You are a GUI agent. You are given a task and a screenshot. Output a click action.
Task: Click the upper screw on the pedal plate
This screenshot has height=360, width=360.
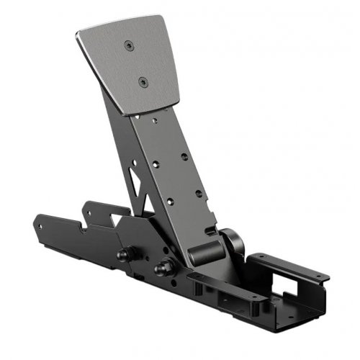(128, 45)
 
